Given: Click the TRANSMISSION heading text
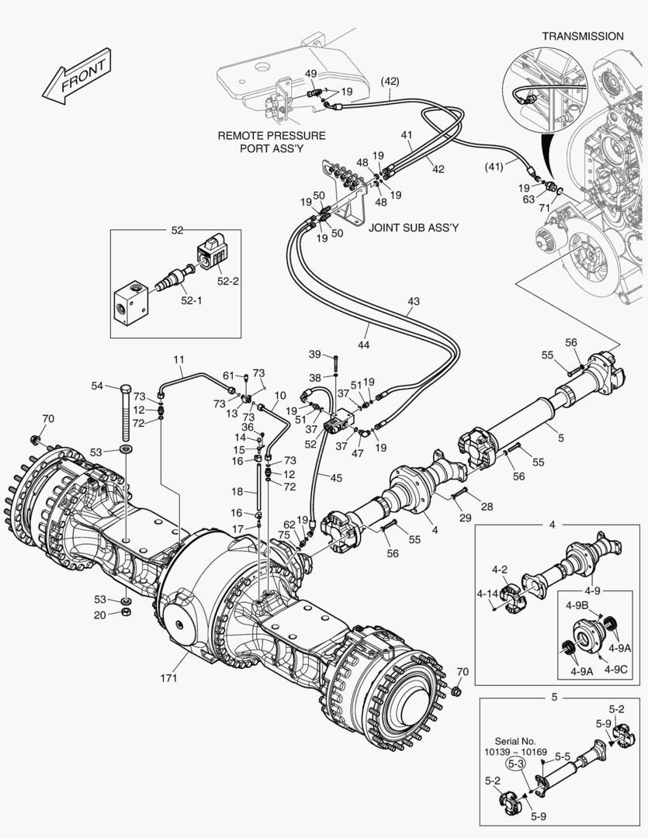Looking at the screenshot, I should point(593,36).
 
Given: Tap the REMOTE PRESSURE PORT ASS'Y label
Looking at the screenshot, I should point(271,141).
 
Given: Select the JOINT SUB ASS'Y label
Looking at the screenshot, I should point(414,228).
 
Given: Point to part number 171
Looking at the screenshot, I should point(169,678).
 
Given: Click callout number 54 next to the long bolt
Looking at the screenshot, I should point(97,386).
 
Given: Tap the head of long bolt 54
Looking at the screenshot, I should point(126,387).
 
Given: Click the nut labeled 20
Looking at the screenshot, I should point(126,612).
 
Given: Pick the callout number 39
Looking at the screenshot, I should point(314,354).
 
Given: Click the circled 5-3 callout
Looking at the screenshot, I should point(515,764).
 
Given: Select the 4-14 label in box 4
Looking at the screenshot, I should point(487,594).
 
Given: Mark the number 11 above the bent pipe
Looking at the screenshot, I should point(178,359).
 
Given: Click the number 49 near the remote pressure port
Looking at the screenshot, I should point(310,74).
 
